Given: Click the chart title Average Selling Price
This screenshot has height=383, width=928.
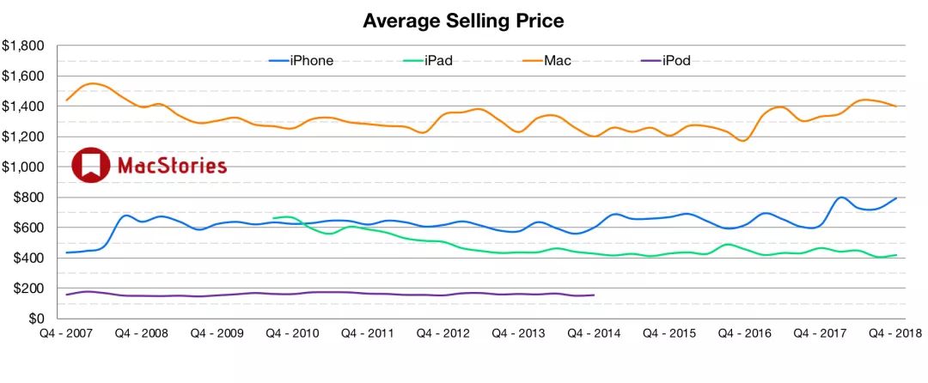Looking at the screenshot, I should pos(463,20).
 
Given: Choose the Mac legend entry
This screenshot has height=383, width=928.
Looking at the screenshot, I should pos(558,60).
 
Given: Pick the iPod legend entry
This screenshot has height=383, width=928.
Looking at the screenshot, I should pos(677,60).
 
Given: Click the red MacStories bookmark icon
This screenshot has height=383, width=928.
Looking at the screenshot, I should pos(90,165).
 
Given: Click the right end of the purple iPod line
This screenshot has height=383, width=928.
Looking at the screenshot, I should pos(595,295).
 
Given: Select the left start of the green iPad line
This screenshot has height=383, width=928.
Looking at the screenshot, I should pos(273,218).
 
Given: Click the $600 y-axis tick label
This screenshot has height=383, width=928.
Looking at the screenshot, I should pos(27,228).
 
